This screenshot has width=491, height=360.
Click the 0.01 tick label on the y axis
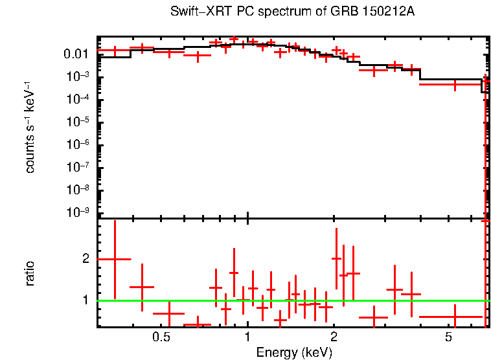76,54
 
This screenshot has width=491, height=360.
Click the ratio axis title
30,273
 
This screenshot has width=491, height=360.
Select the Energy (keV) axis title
294,352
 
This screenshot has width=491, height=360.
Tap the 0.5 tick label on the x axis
161,338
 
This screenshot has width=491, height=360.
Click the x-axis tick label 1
247,338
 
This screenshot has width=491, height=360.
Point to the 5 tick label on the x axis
448,338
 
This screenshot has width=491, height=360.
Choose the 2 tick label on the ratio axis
85,258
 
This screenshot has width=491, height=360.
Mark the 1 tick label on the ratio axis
85,300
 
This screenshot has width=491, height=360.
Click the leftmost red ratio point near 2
115,259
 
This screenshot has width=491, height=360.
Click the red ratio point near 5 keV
455,317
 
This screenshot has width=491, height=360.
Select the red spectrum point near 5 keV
455,84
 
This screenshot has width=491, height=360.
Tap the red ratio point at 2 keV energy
336,258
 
